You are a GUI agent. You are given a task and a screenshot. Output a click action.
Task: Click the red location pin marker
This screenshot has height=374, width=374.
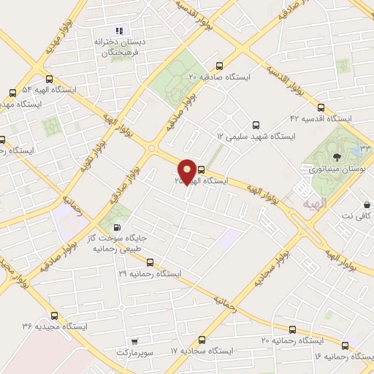188,173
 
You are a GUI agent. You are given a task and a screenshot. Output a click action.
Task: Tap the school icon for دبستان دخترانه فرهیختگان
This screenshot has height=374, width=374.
118,31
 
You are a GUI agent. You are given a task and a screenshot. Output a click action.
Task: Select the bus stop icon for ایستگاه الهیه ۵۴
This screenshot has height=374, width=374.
12,93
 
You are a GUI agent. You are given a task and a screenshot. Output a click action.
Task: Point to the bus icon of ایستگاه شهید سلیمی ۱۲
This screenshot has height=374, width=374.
255,125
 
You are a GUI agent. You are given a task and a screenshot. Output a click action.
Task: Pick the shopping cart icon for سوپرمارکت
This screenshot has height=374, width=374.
134,341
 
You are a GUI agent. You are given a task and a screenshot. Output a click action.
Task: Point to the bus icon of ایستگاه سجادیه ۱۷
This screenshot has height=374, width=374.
202,340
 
